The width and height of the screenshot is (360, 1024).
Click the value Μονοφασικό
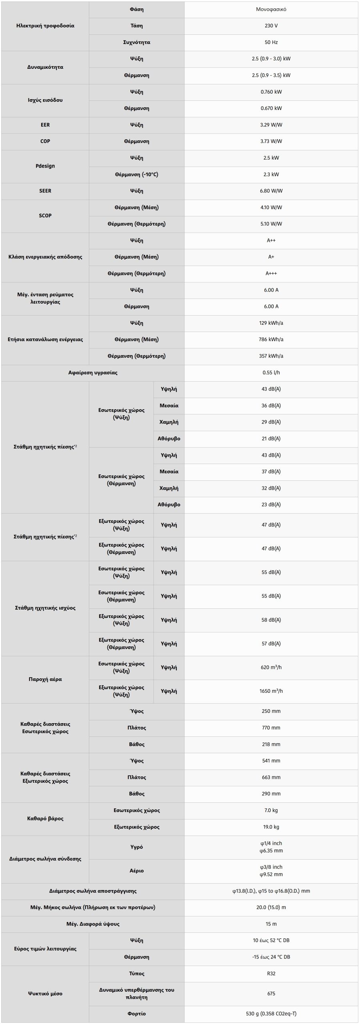[271, 9]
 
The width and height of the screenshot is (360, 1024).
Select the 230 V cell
[271, 26]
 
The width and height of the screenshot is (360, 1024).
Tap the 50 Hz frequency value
[271, 42]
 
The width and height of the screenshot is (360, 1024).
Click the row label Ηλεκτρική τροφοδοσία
[45, 26]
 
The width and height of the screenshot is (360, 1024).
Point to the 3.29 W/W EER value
[271, 125]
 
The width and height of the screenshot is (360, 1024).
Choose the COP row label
[45, 141]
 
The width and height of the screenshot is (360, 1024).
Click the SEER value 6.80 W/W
[271, 191]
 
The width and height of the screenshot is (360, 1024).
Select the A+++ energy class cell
[271, 274]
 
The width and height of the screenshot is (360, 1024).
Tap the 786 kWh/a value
[271, 339]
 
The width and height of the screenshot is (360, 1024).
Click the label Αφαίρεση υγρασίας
[93, 372]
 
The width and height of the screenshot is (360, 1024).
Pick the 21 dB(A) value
[271, 438]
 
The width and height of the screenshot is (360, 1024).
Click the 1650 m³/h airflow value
[271, 691]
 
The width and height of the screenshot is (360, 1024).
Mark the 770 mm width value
[271, 728]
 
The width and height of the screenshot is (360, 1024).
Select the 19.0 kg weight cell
[271, 827]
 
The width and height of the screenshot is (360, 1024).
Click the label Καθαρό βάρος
[45, 818]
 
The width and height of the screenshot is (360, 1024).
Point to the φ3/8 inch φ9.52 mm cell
[271, 870]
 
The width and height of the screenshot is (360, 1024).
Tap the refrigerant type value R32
[271, 974]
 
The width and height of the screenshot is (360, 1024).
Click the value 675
[271, 994]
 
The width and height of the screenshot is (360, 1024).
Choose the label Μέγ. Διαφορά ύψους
[93, 924]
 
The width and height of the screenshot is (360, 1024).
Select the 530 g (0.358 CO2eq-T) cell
[271, 1014]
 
